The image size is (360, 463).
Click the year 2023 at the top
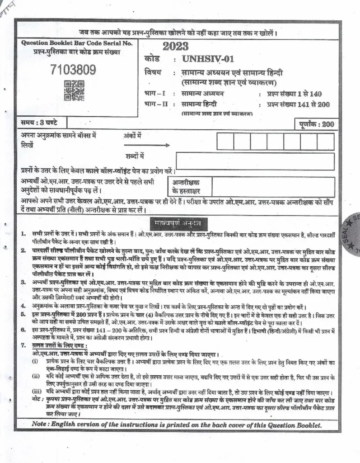(176, 47)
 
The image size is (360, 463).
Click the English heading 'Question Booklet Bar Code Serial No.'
(77, 43)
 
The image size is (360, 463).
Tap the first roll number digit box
(225, 141)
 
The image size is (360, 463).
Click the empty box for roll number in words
(255, 161)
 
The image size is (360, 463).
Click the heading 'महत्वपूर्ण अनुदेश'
(178, 224)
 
